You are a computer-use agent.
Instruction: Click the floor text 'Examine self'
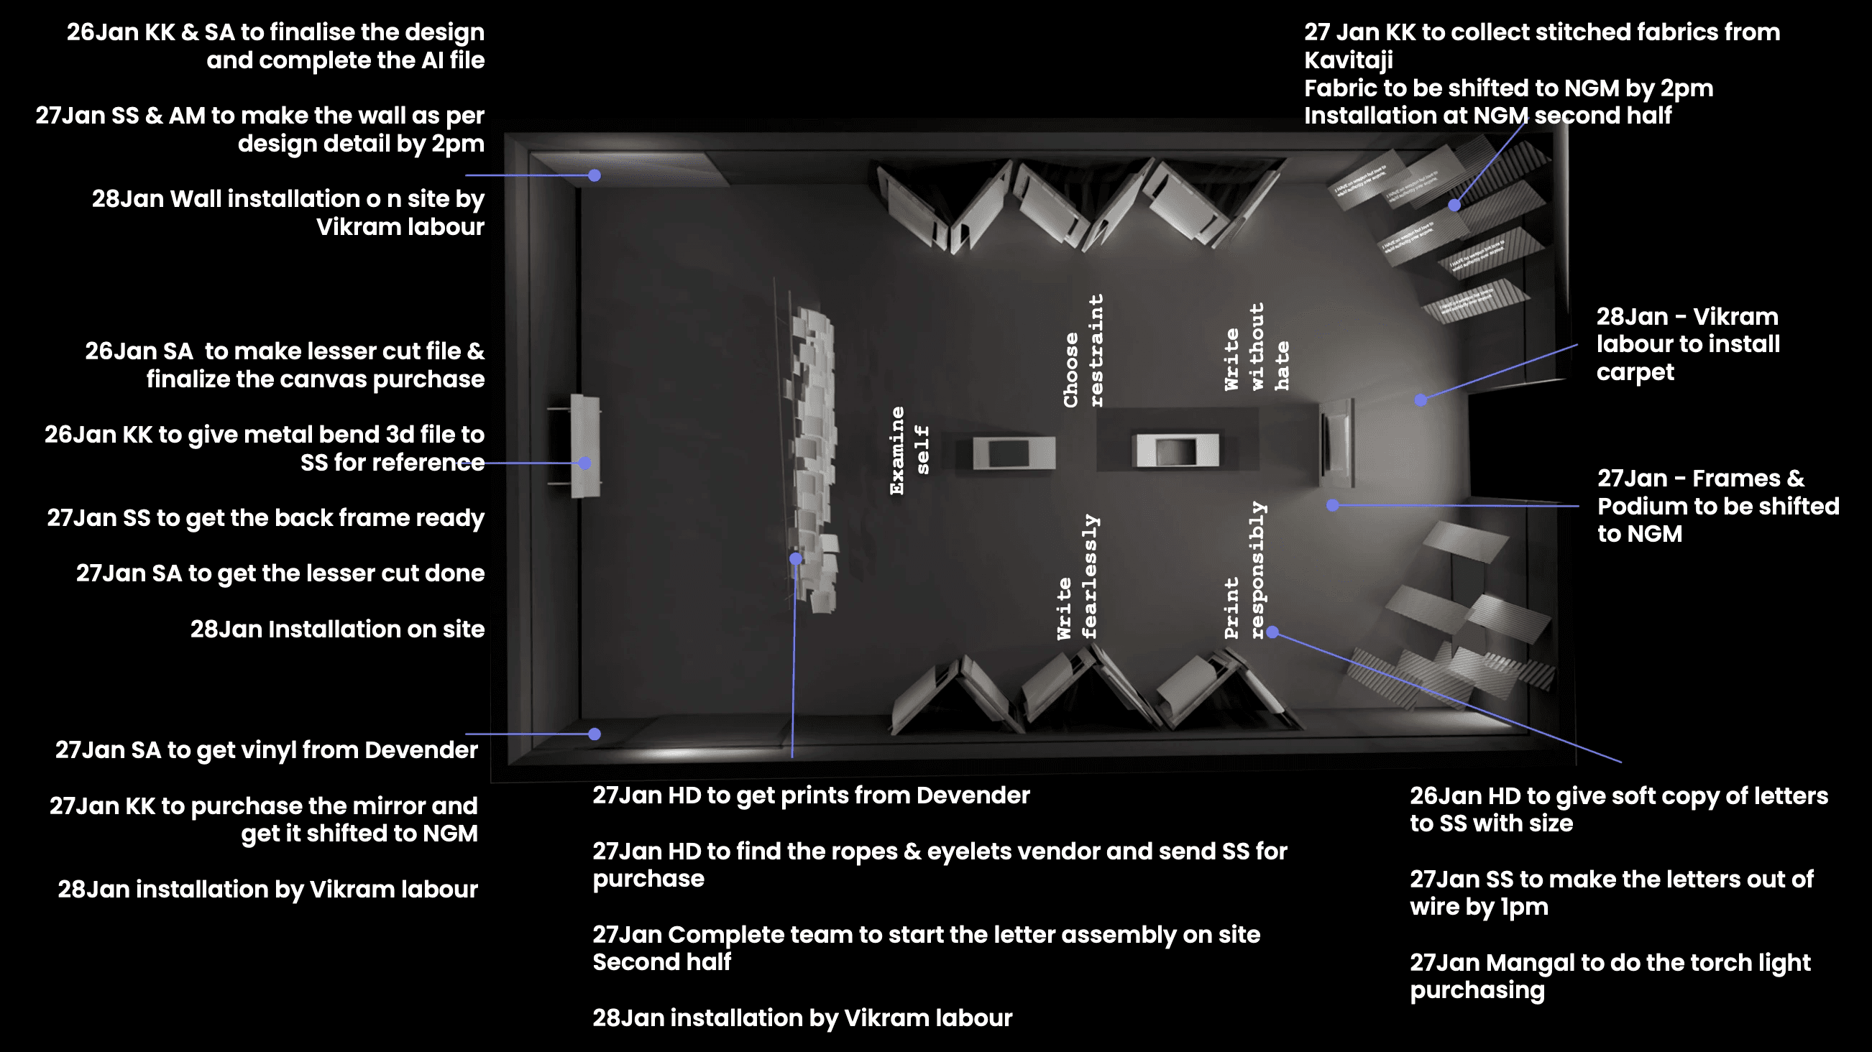(909, 451)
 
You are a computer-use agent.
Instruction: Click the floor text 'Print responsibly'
(1244, 571)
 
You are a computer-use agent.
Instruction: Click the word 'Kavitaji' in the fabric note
(1348, 60)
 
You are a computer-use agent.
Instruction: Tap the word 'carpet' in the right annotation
(1635, 373)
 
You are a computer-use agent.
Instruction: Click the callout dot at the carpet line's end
(1421, 400)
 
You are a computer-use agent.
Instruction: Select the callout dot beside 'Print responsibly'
(1272, 632)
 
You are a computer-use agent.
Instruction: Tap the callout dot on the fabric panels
(1454, 205)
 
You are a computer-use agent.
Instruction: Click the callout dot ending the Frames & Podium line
(1333, 505)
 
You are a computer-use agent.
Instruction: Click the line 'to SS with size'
(1491, 824)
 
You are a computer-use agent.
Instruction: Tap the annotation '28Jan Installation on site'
(337, 629)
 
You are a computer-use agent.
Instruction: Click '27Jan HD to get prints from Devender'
(811, 795)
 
